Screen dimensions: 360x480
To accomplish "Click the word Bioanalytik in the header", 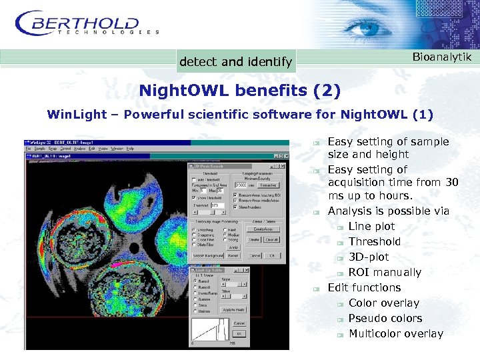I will (441, 57).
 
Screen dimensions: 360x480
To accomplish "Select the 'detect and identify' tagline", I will (235, 62).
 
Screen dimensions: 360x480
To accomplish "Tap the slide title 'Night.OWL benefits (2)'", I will (239, 90).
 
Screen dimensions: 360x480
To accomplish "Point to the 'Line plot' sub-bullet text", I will (371, 227).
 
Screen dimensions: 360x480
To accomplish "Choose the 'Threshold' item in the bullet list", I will (374, 242).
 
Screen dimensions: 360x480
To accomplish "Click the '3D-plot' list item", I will (368, 257).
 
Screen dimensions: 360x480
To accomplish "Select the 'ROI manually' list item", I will (385, 273).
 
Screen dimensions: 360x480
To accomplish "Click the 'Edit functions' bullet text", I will (364, 288).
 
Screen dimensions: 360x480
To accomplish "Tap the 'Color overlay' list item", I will (383, 303).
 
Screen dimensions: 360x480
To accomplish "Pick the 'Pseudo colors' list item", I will (385, 319).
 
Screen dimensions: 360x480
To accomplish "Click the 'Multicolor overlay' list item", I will (395, 334).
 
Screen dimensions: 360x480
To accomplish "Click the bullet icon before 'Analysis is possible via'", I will (319, 212).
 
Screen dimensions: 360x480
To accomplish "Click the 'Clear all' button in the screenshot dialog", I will (271, 239).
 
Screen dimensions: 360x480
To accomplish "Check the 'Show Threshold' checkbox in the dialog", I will (194, 197).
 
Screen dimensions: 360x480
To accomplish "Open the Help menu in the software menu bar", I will (130, 148).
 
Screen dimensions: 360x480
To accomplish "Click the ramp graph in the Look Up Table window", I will (209, 331).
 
